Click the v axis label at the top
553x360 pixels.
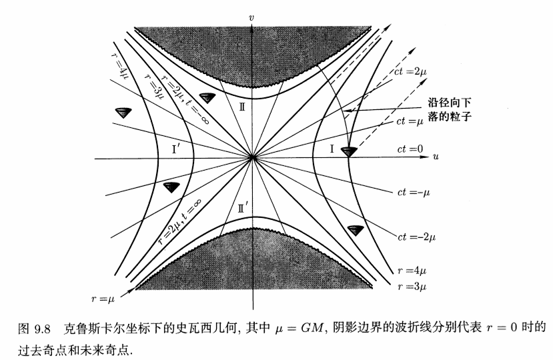(251, 17)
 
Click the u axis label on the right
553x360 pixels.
(436, 156)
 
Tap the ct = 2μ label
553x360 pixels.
(410, 71)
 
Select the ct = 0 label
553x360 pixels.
(410, 149)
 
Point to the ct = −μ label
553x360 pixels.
(414, 193)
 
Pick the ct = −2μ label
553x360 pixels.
(416, 237)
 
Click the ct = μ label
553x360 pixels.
(410, 121)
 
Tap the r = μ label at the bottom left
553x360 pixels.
(103, 299)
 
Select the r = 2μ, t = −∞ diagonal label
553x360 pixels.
(185, 99)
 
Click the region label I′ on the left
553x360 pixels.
(176, 149)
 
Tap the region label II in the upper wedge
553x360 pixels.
(241, 107)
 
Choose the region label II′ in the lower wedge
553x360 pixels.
(243, 209)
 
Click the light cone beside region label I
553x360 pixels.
(349, 151)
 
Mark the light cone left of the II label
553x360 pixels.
(207, 98)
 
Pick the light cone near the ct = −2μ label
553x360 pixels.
(355, 230)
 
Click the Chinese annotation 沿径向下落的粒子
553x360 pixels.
(450, 109)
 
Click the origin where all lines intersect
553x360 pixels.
(252, 157)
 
